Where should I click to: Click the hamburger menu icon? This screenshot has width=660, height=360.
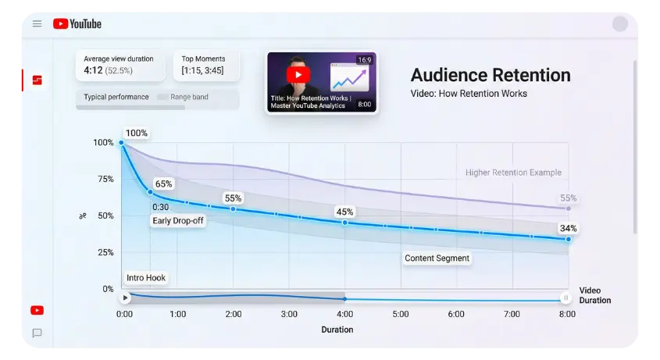(37, 24)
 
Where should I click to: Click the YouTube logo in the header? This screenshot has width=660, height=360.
(77, 24)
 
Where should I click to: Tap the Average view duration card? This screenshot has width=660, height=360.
(120, 66)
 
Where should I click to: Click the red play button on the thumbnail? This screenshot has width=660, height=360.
(298, 74)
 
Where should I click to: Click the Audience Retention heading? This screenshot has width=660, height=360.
(491, 76)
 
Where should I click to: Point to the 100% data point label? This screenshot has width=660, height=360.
(136, 134)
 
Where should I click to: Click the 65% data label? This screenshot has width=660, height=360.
(163, 184)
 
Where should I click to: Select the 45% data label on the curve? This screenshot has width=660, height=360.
(344, 212)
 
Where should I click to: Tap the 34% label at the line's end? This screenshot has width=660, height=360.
(568, 228)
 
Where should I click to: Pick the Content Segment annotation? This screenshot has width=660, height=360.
(437, 258)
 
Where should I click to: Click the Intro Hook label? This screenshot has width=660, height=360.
(146, 278)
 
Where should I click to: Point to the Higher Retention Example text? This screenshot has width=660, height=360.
(513, 173)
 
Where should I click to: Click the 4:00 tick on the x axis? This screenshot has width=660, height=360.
(344, 314)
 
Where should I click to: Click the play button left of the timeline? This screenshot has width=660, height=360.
(125, 298)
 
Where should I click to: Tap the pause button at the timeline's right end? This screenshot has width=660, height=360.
(566, 298)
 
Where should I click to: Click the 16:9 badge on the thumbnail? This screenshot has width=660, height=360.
(365, 60)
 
